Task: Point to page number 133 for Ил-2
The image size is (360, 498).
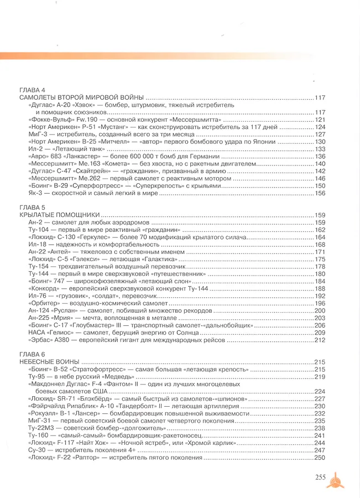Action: pos(320,149)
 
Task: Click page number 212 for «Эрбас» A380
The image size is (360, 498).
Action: pos(320,340)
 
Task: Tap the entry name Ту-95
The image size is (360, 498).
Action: pos(36,377)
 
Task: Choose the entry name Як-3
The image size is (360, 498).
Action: pos(34,193)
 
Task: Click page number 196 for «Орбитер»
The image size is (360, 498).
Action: pos(320,304)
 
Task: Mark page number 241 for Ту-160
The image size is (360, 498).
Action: pos(320,435)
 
